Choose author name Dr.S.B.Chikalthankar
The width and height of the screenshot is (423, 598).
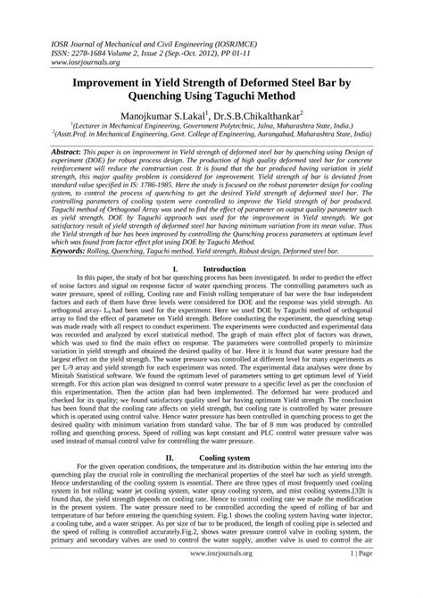click(x=259, y=116)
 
